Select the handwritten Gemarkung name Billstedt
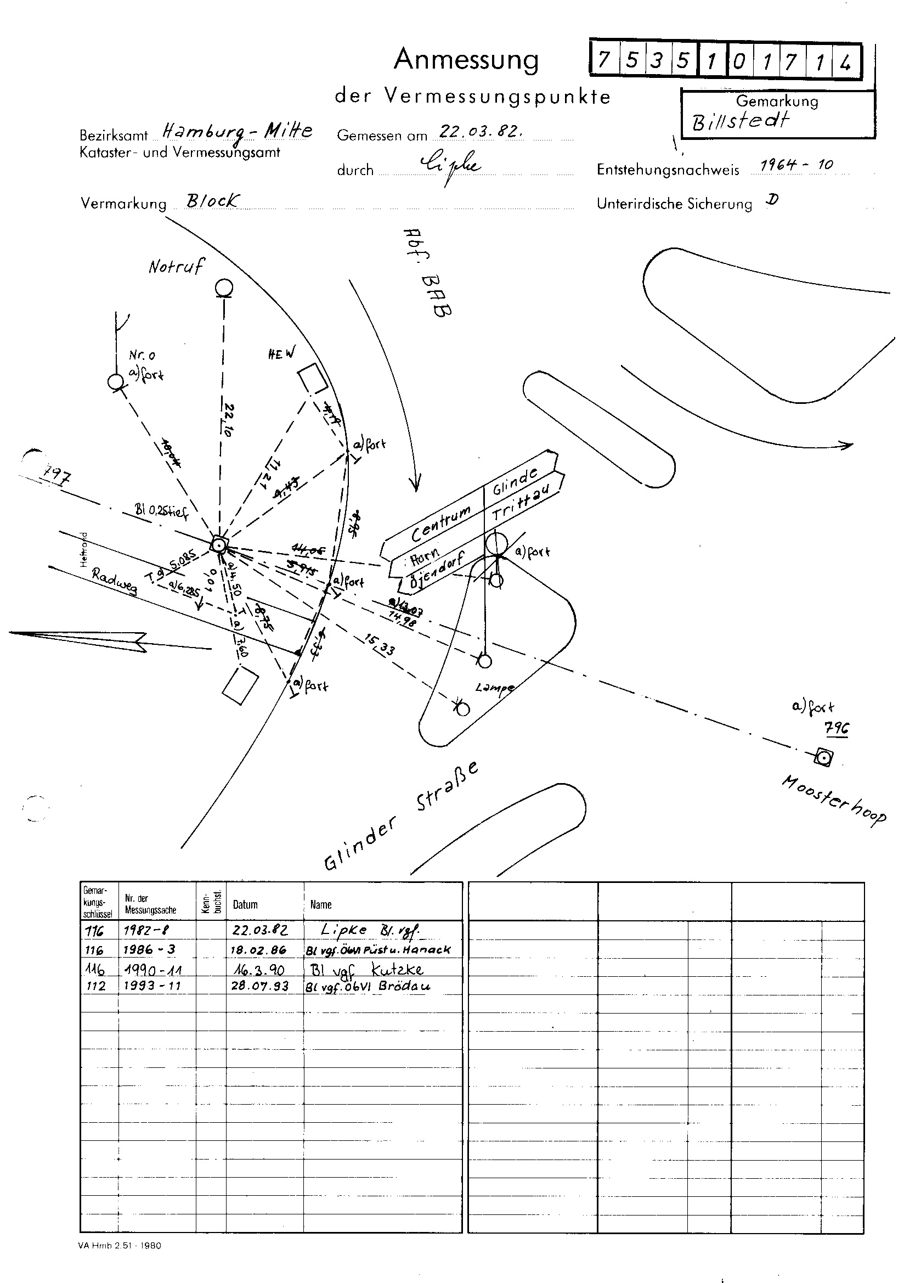[x=741, y=121]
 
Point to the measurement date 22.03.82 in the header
[x=481, y=132]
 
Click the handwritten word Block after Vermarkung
[x=213, y=201]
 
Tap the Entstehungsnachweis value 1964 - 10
[x=796, y=165]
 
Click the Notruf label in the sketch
[x=177, y=266]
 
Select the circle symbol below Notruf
[x=224, y=288]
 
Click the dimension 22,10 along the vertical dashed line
[x=229, y=419]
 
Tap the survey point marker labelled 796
[x=823, y=758]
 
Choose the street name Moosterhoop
[x=833, y=798]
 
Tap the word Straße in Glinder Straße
[x=448, y=787]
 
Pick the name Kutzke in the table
[x=397, y=969]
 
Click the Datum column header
[x=245, y=904]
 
